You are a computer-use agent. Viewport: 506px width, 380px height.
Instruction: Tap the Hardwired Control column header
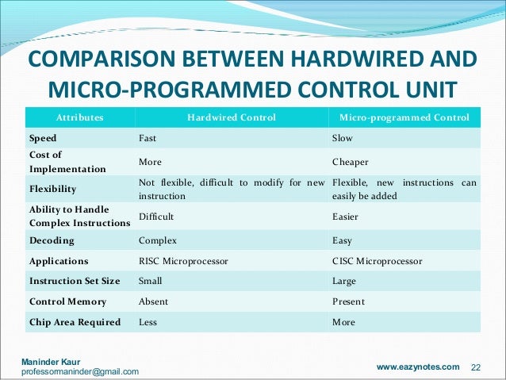(x=231, y=117)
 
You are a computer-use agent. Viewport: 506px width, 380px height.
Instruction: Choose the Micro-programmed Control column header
(x=404, y=117)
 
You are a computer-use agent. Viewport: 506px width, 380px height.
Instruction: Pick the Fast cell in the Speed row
(x=148, y=138)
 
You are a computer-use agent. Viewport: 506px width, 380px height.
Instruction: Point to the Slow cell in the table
(x=342, y=138)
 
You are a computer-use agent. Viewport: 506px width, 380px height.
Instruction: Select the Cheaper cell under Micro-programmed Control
(x=351, y=161)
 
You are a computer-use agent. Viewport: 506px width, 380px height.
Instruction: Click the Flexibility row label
(x=53, y=190)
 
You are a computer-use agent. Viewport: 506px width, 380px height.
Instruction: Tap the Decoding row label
(x=52, y=240)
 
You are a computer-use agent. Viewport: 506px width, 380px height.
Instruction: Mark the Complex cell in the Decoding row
(x=158, y=240)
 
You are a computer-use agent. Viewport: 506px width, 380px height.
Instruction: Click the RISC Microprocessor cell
(x=183, y=260)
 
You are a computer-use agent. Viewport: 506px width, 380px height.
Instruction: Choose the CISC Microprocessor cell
(x=377, y=260)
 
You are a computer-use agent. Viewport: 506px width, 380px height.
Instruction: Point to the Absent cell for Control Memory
(x=154, y=301)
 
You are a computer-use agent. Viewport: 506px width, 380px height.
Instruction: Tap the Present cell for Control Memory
(x=348, y=301)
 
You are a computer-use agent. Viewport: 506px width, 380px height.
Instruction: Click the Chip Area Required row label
(x=75, y=322)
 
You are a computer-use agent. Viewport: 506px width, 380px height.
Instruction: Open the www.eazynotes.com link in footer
(x=417, y=367)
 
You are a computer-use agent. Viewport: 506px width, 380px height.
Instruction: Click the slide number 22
(x=477, y=367)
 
